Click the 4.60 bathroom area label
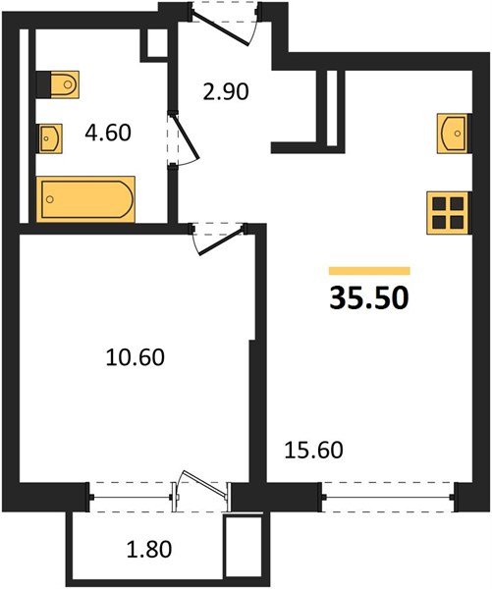[108, 133]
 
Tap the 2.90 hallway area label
[226, 91]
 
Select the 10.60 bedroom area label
[136, 357]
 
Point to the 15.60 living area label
[314, 450]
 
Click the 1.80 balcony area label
[149, 549]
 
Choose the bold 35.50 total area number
[369, 298]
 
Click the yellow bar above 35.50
[369, 271]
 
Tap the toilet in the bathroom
[58, 84]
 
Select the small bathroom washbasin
[50, 138]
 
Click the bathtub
[85, 199]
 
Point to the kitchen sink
[454, 134]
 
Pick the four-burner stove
[448, 213]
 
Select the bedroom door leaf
[221, 241]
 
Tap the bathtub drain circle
[50, 199]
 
